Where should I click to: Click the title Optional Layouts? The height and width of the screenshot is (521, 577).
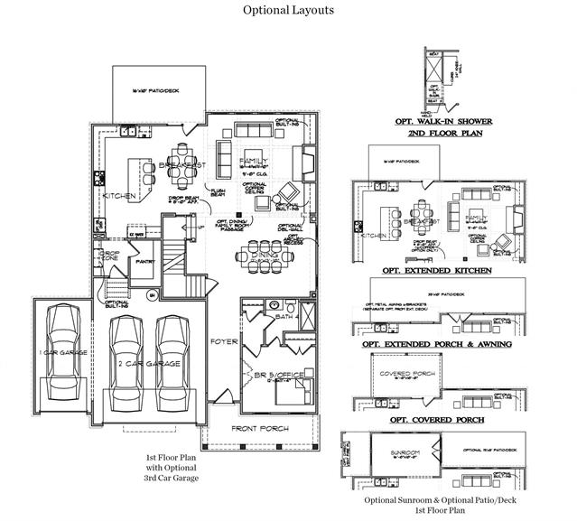288,11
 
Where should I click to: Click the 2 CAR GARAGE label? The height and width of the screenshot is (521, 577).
149,363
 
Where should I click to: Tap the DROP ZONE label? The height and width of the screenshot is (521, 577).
110,256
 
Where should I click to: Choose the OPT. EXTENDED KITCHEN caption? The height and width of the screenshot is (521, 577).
437,270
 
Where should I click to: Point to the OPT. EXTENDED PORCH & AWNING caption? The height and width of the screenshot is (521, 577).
435,344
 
